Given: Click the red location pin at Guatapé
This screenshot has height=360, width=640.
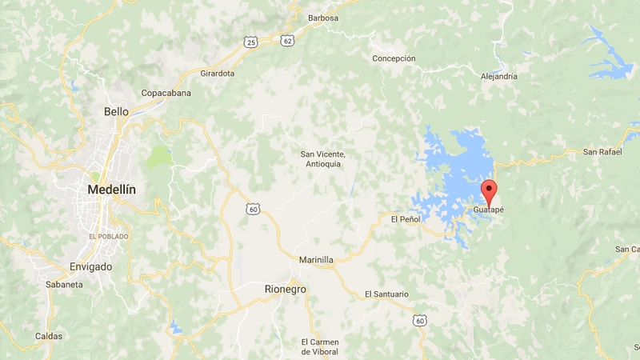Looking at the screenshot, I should tap(488, 191).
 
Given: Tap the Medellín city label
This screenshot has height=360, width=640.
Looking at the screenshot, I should tap(111, 190).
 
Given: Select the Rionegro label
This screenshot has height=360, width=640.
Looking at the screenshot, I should tap(285, 289).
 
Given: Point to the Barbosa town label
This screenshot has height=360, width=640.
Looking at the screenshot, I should tap(322, 18).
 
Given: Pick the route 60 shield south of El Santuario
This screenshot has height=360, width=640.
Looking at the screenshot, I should tap(418, 321).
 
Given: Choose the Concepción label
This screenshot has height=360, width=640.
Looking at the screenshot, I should tap(394, 58).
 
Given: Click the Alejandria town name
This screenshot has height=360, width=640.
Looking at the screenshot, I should tap(498, 77).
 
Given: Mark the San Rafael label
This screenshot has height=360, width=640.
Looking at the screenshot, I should tap(602, 151).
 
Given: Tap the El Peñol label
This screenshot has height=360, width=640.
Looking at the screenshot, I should tap(405, 218).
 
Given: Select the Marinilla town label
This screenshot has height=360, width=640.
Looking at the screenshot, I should tap(315, 260).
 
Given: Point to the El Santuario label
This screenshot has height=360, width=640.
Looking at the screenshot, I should tap(386, 294).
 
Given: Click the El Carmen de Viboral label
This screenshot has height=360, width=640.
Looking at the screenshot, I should tap(319, 346).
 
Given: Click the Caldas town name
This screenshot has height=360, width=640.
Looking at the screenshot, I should tap(48, 336).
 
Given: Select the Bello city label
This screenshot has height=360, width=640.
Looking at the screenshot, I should tap(116, 112).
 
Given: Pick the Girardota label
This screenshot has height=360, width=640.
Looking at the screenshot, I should tap(217, 73).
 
